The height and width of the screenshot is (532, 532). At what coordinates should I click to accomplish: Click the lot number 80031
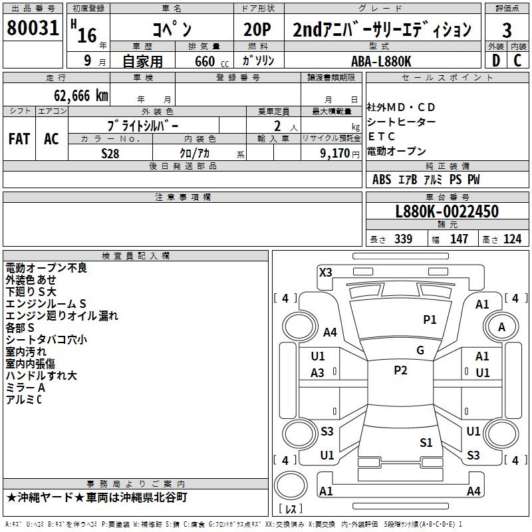[33, 28]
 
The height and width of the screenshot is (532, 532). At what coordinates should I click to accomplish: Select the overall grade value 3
[507, 30]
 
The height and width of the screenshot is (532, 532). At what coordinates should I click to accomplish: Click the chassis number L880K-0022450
[446, 211]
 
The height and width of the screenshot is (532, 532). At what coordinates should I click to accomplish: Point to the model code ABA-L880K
[381, 61]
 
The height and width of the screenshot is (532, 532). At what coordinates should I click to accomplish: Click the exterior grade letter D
[495, 61]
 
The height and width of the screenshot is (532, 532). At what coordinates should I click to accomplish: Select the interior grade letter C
[518, 61]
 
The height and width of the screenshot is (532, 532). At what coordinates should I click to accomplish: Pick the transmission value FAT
[19, 138]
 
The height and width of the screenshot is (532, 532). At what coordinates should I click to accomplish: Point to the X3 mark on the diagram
[325, 272]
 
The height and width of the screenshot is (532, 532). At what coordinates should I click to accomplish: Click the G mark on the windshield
[420, 350]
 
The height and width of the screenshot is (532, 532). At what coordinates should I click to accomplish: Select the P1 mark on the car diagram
[430, 320]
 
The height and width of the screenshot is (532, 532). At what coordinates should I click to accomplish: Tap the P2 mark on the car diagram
[400, 370]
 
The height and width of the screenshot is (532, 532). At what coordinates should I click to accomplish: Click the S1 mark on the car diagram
[426, 442]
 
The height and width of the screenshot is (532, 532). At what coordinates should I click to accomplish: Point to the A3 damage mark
[318, 373]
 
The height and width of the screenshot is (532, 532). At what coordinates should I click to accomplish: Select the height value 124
[512, 239]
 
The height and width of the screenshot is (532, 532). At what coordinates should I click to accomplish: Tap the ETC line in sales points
[381, 136]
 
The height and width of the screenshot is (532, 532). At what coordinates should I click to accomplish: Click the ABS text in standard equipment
[381, 180]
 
